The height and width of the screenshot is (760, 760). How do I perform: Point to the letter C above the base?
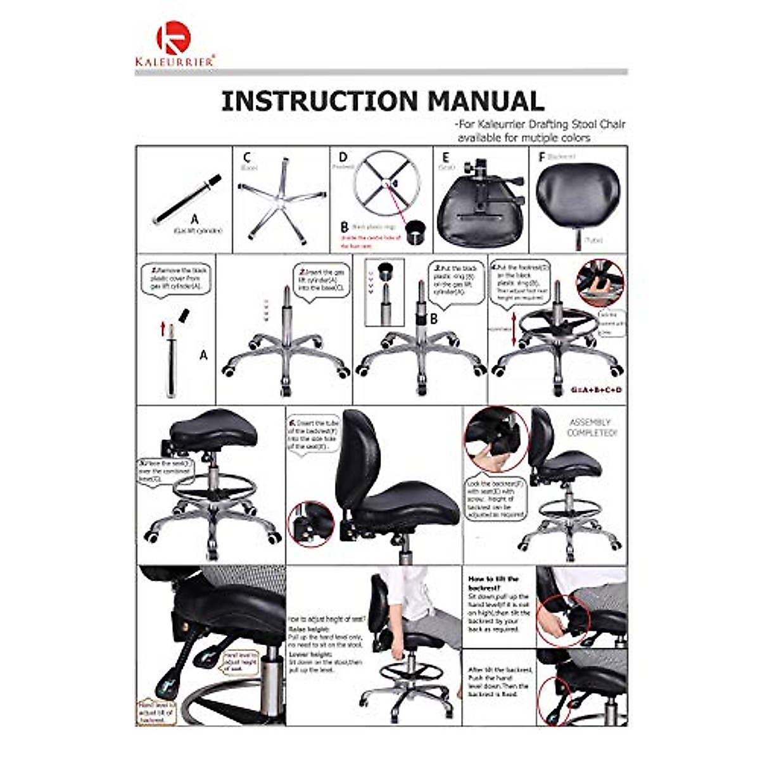(246, 157)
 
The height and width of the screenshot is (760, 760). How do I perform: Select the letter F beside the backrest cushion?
(541, 156)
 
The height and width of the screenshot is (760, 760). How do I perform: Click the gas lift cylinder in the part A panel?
(187, 199)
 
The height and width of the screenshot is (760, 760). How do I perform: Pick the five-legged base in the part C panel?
(281, 201)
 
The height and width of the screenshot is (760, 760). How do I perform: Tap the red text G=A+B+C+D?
(595, 389)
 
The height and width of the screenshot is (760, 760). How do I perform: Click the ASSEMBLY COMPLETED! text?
(592, 427)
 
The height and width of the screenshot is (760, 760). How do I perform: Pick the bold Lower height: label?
(311, 654)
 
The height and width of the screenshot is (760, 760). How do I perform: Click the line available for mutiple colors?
(524, 137)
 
